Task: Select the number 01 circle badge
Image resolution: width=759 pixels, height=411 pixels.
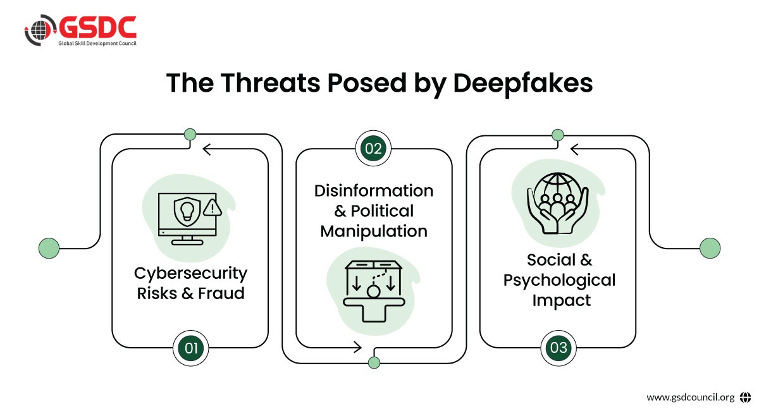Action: coord(190,347)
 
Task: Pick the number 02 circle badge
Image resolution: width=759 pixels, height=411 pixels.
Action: coord(374,149)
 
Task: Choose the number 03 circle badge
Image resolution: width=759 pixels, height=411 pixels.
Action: coord(558,347)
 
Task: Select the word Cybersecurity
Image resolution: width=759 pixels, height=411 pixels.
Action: coord(190,274)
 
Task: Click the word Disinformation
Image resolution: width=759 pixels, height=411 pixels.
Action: coord(374,191)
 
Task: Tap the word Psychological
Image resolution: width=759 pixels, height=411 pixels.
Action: coord(559,279)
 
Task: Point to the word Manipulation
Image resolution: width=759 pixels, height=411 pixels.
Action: coord(374,231)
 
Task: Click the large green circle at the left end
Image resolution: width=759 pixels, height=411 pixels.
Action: coord(49,247)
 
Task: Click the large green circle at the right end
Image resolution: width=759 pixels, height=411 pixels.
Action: coord(710,247)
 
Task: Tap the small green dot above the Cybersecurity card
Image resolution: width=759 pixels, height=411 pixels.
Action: coord(189,134)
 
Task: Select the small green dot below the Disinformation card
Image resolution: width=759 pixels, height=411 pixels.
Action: coord(374,362)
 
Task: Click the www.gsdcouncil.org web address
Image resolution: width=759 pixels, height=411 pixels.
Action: coord(690,397)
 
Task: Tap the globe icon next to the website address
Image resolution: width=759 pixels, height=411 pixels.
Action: coord(745,397)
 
